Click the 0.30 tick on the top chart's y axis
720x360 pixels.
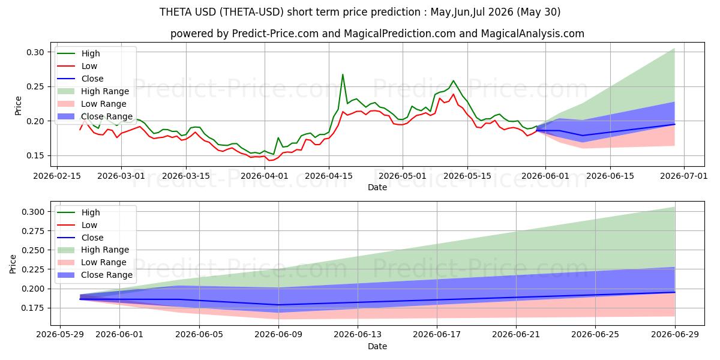pos(35,52)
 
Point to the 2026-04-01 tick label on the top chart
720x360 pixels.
pos(265,176)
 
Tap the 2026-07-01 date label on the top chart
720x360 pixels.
pos(683,176)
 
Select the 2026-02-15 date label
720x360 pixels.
pos(57,176)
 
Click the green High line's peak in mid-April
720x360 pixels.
pos(343,74)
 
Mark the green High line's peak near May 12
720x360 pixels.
pos(453,80)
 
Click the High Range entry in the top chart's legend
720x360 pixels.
pos(93,91)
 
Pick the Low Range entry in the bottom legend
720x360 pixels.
pos(92,262)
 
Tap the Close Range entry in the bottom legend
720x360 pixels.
pos(95,275)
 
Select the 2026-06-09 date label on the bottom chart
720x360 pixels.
pos(278,335)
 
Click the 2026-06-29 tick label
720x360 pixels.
pos(674,335)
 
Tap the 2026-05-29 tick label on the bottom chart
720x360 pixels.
pos(60,335)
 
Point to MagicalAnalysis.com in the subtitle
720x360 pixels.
pos(533,34)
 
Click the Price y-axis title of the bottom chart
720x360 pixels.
pos(13,264)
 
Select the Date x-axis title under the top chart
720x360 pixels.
pos(377,187)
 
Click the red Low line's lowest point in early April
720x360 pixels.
pos(269,160)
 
